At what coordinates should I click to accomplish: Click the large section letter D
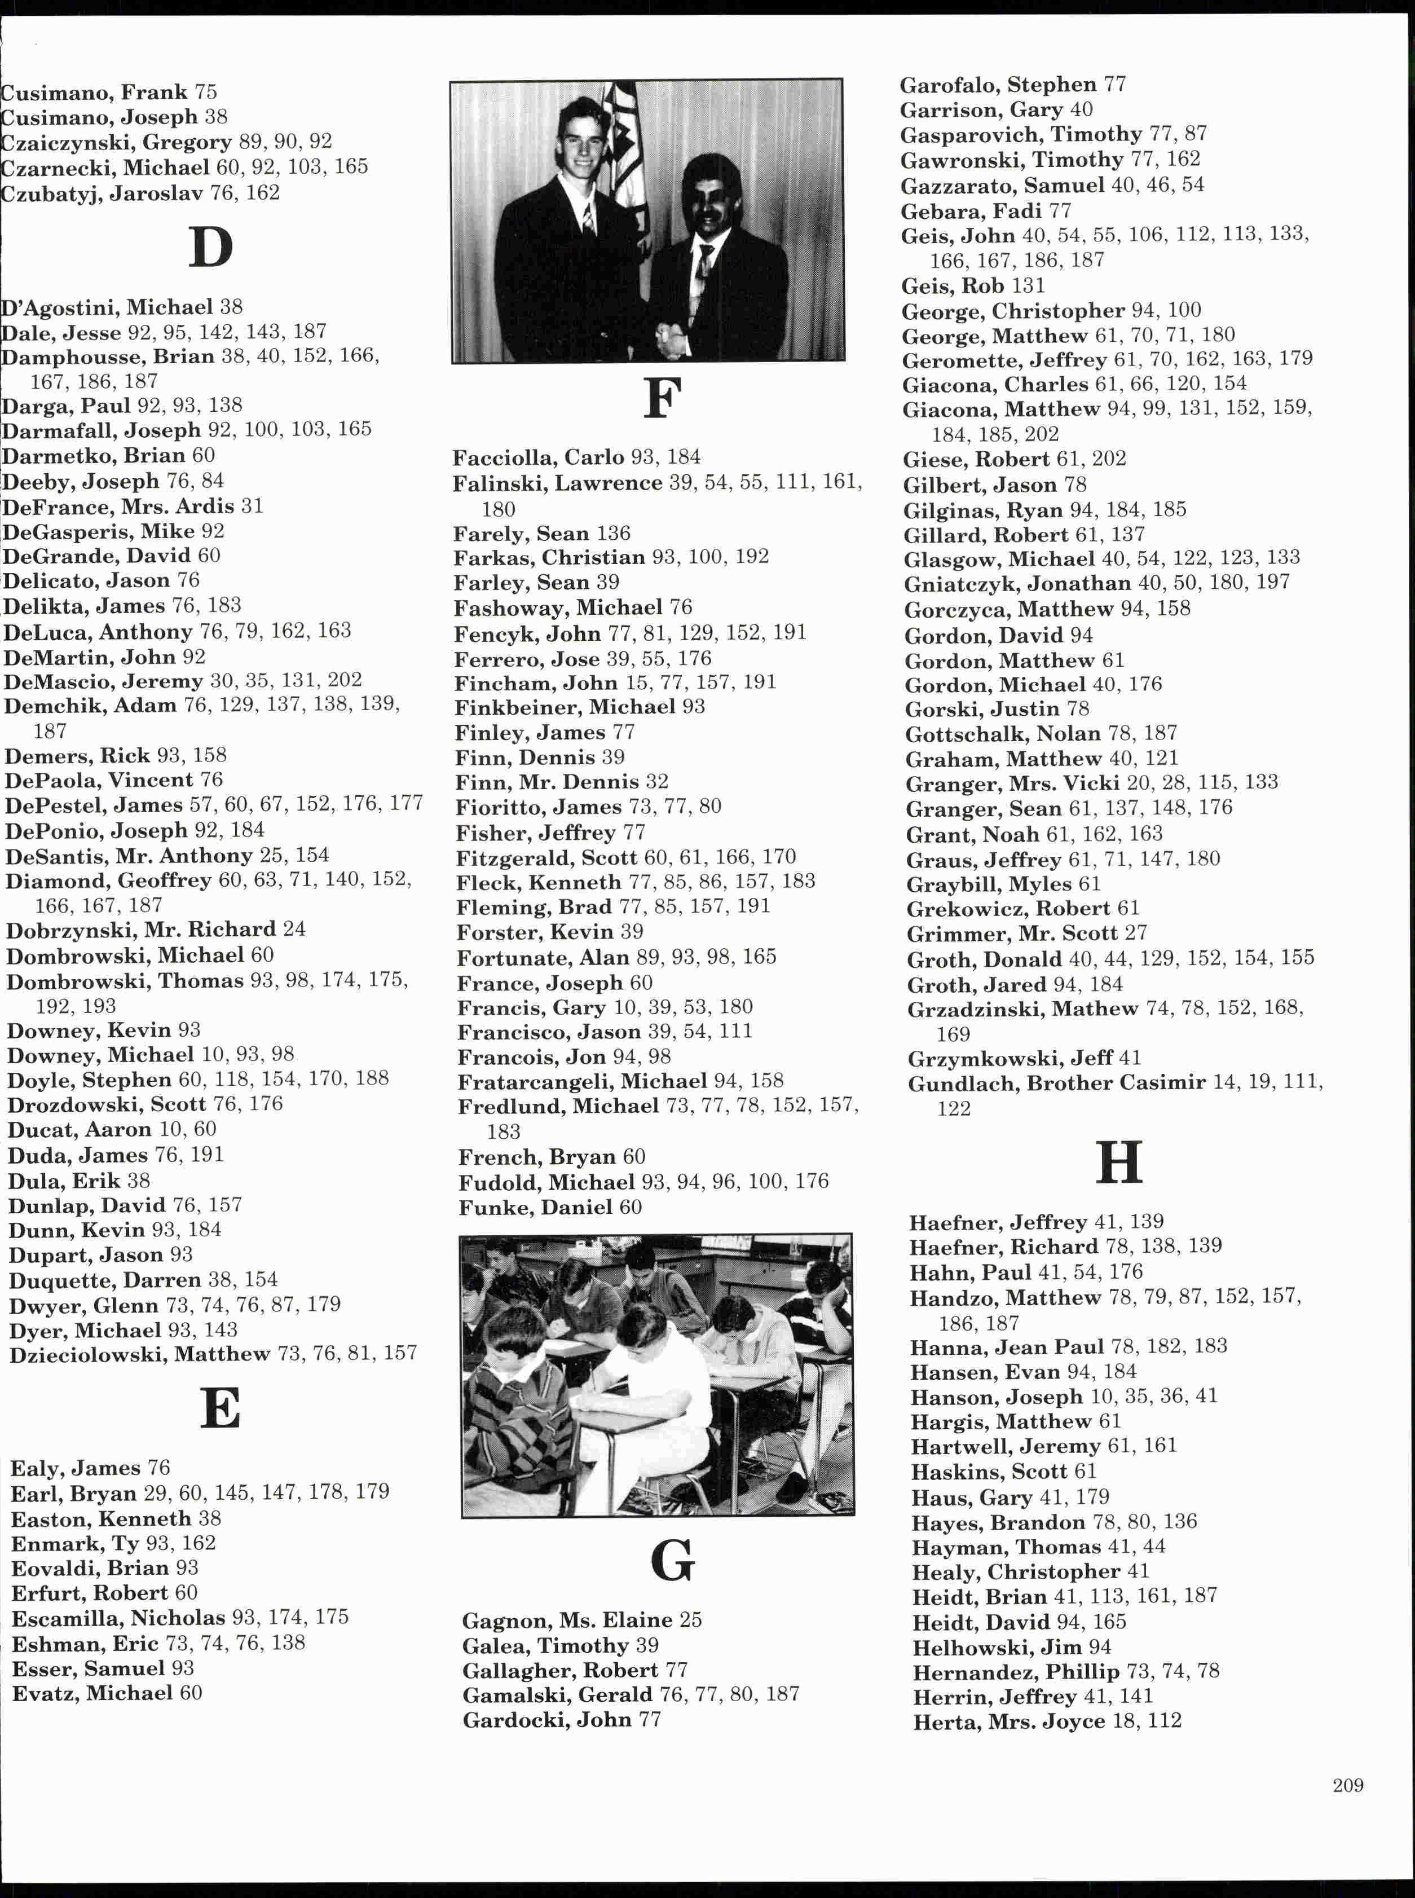pos(210,248)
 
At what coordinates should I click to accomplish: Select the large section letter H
pos(1119,1162)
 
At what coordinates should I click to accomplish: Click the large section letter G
pos(672,1561)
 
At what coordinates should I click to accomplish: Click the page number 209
pos(1347,1785)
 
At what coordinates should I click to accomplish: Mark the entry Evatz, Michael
pos(92,1693)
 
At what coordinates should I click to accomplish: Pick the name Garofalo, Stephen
pos(998,85)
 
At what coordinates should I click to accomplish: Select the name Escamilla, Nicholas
pos(118,1617)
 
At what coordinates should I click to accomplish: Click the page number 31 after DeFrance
pos(252,506)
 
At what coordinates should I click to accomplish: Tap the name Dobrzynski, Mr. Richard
pos(140,930)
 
